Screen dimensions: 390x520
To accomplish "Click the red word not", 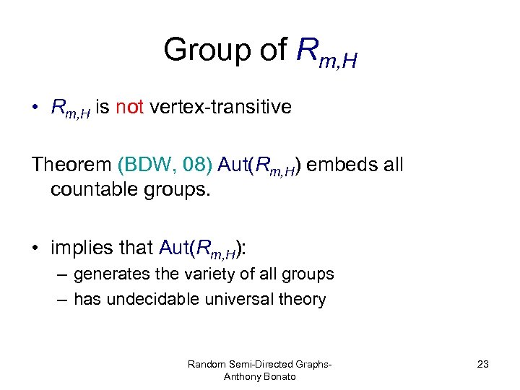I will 131,108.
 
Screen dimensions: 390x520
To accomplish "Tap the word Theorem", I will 70,165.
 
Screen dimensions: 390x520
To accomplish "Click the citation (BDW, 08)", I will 165,165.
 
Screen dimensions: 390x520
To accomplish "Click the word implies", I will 81,248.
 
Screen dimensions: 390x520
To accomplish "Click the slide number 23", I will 482,364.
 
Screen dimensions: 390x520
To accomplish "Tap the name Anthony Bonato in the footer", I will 259,377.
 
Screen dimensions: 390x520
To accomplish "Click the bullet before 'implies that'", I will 35,248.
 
